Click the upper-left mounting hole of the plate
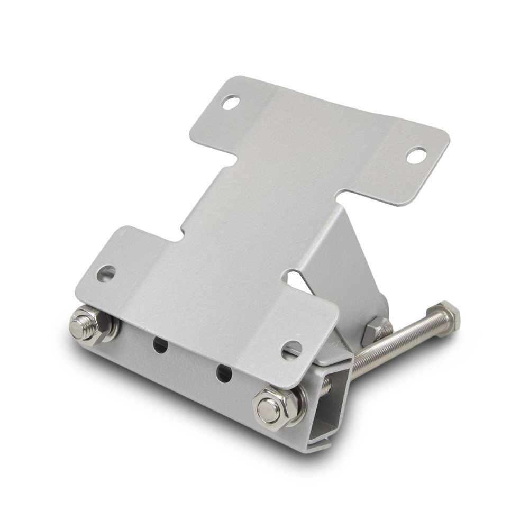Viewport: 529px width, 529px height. (x=231, y=102)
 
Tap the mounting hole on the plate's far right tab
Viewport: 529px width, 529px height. (x=416, y=155)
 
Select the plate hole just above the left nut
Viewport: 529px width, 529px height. (x=106, y=273)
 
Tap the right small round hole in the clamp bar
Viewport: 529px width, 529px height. (x=224, y=373)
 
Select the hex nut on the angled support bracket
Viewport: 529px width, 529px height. (x=377, y=329)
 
